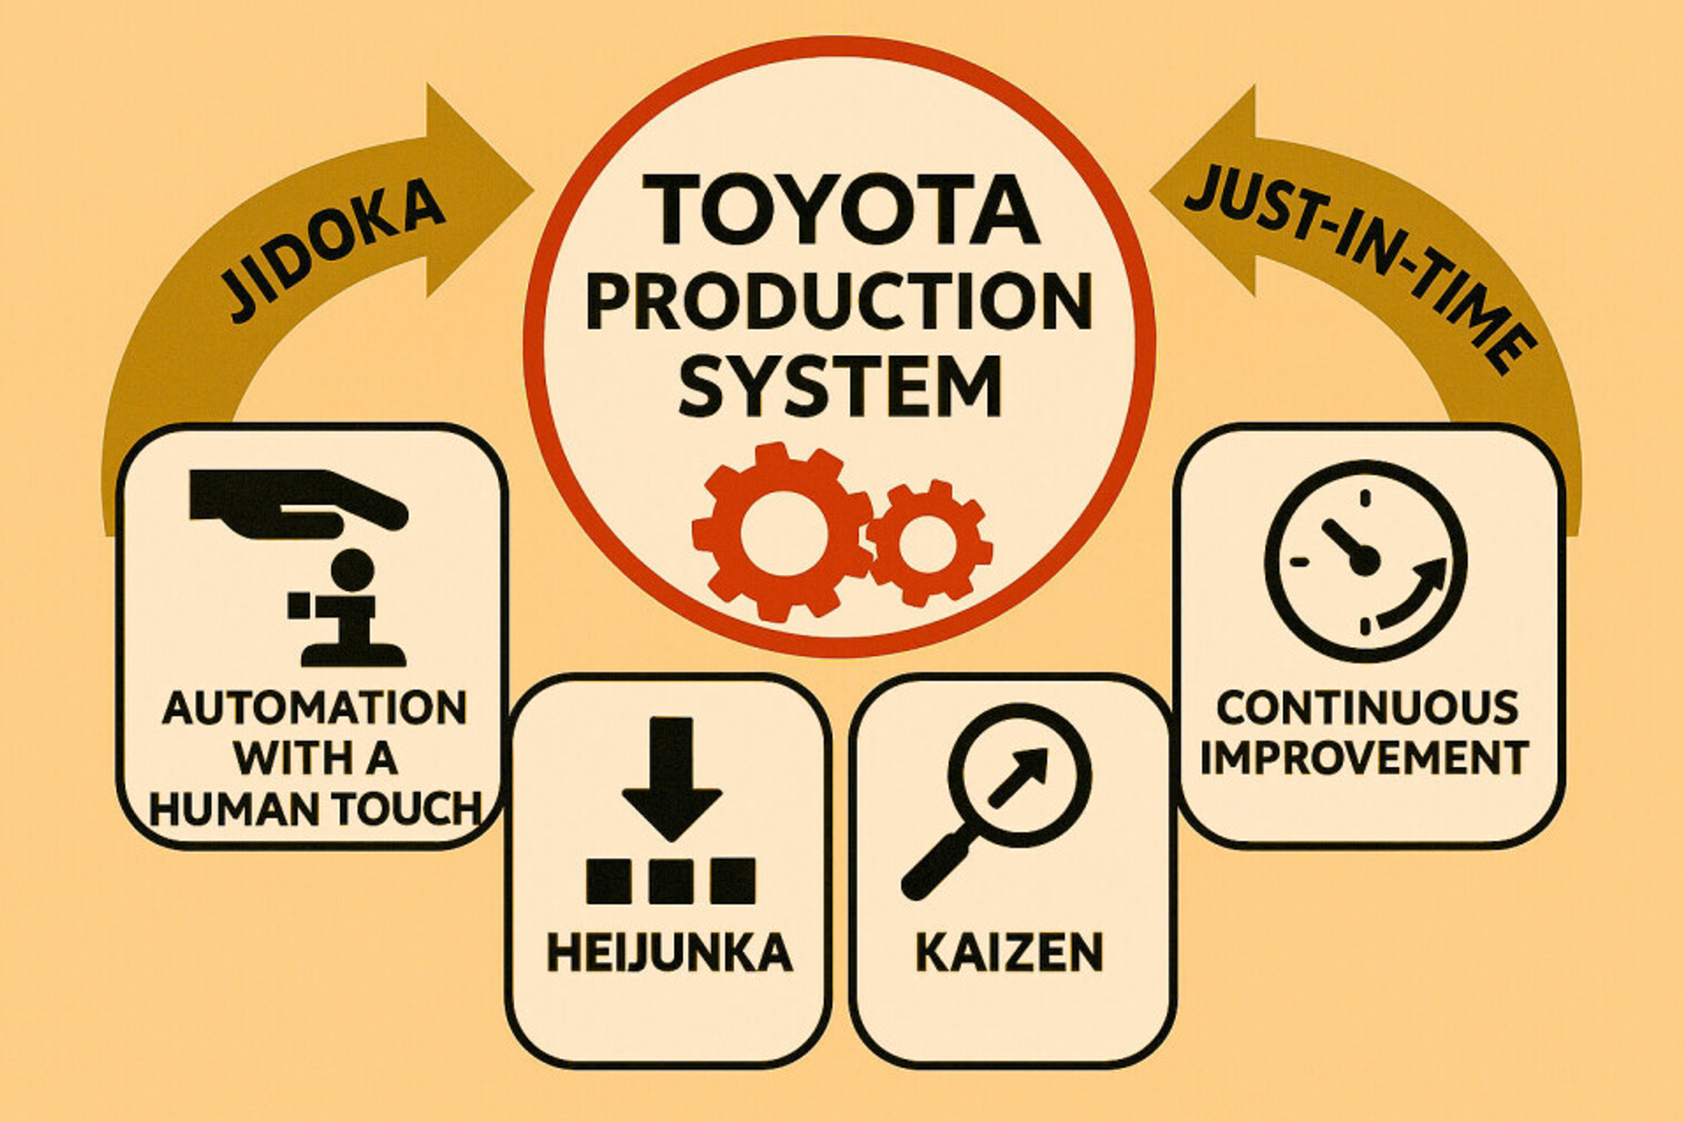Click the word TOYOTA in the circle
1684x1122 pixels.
pyautogui.click(x=839, y=211)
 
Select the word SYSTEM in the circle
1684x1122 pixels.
pyautogui.click(x=839, y=387)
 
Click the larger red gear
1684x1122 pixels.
pyautogui.click(x=781, y=532)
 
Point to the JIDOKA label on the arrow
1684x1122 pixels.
pyautogui.click(x=333, y=249)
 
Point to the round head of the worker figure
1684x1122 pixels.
pyautogui.click(x=353, y=571)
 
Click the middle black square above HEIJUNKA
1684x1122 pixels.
pyautogui.click(x=671, y=881)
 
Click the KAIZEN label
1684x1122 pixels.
pyautogui.click(x=1009, y=954)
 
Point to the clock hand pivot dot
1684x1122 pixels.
pyautogui.click(x=1363, y=561)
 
